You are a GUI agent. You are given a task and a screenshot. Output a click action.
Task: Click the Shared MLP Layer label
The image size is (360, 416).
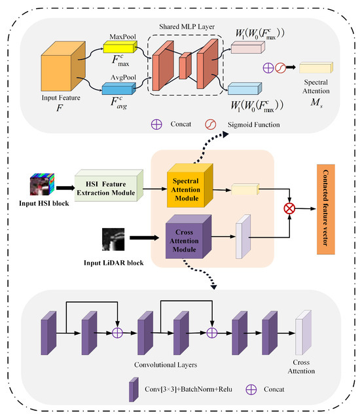[188, 27]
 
